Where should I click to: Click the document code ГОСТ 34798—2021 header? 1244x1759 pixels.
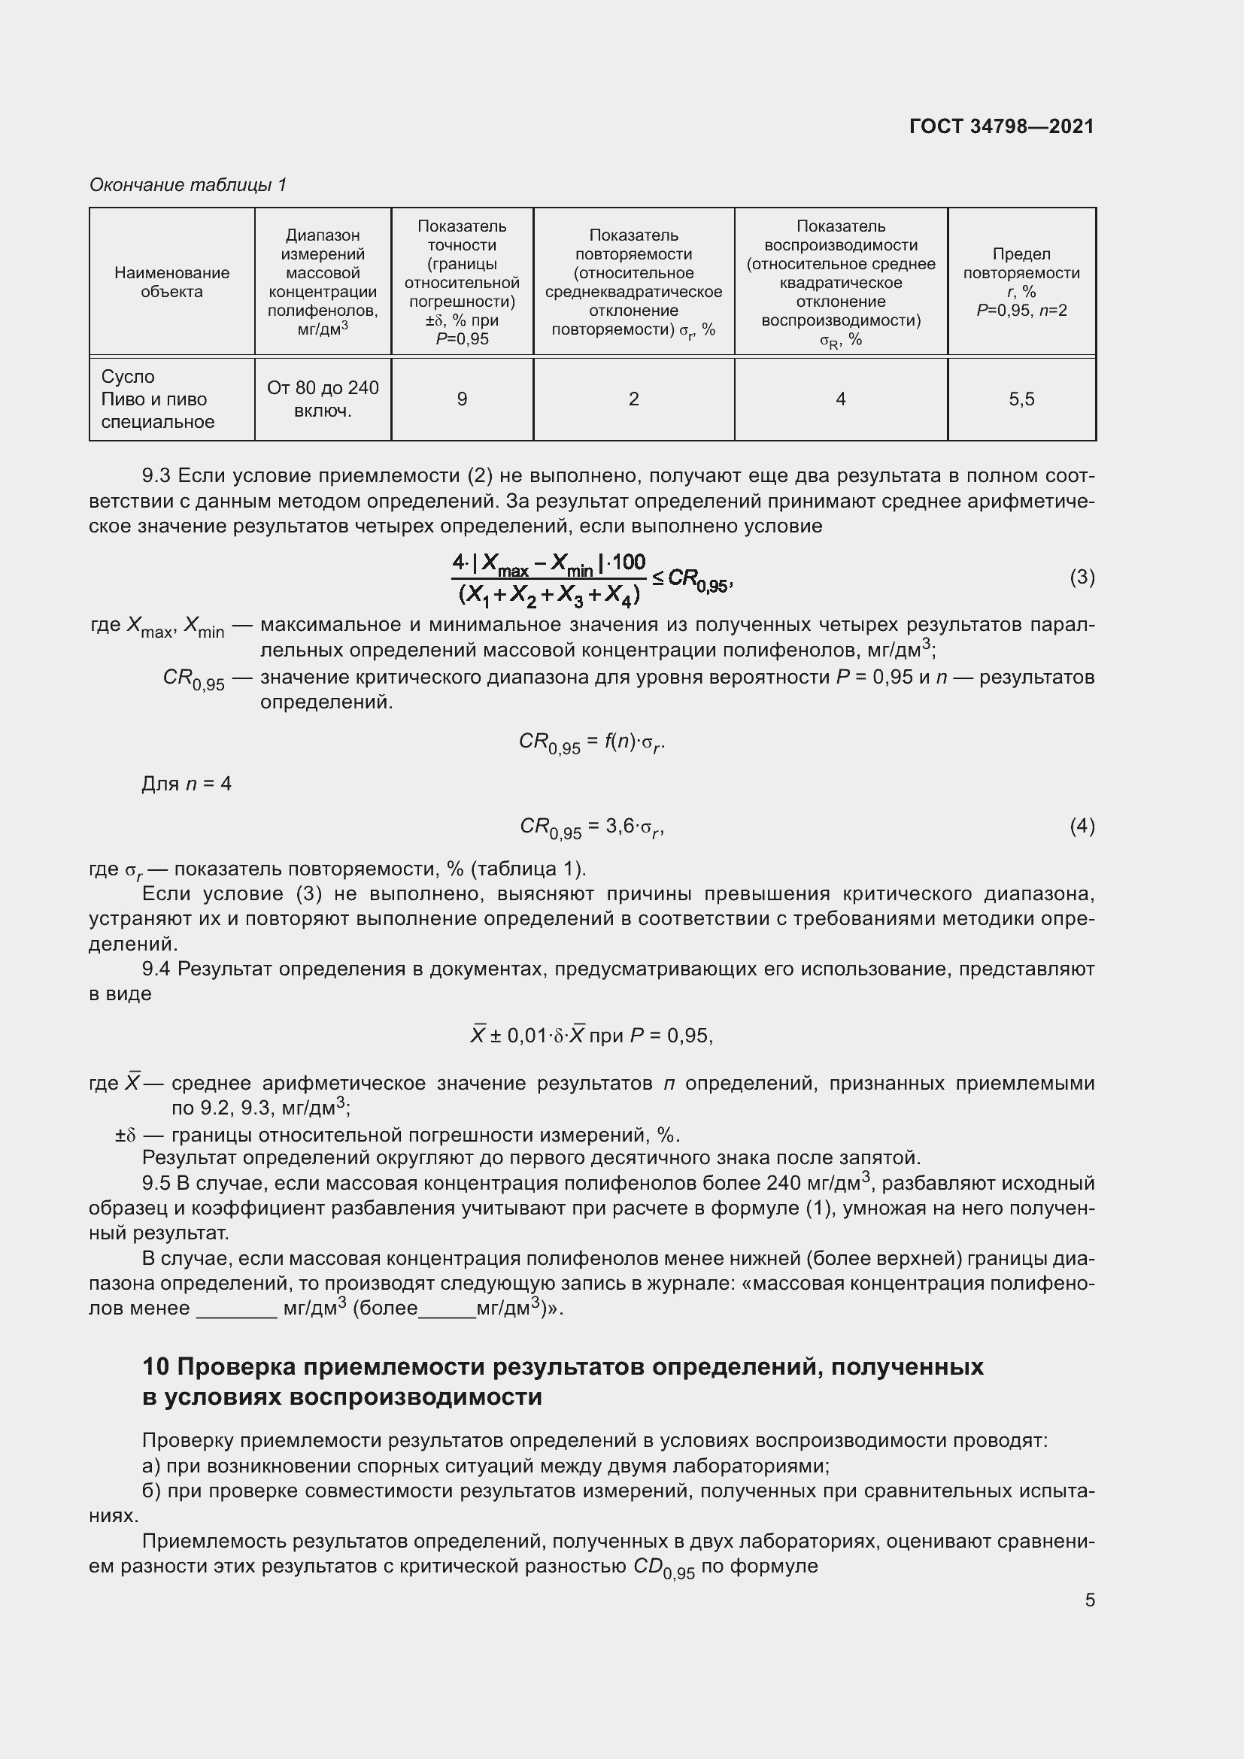pos(1001,126)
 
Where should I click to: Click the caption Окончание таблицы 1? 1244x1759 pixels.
pos(188,185)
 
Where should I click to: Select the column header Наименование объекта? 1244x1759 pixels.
pos(171,282)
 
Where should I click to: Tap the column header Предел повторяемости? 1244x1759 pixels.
pos(1021,282)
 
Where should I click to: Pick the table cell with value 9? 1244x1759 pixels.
pos(462,399)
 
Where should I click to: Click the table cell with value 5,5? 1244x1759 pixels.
pos(1021,399)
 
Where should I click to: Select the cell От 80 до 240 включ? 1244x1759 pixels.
pos(323,399)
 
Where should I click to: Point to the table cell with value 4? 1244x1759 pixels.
pos(840,399)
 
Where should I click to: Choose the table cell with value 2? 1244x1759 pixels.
pos(633,399)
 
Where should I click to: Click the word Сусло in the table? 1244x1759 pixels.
pos(128,377)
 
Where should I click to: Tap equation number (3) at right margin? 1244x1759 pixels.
pos(1082,577)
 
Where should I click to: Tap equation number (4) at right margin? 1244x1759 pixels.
pos(1082,826)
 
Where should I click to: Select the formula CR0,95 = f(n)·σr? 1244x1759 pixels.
pos(591,742)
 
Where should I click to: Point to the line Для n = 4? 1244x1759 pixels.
pos(186,784)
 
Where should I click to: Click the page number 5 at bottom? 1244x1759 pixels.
pos(1089,1600)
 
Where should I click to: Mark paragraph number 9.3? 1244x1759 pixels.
pos(156,476)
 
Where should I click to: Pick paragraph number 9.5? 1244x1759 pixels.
pos(156,1184)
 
